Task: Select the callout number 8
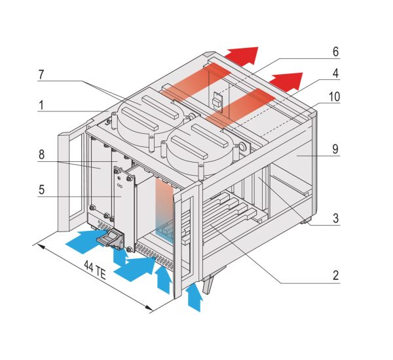click(42, 155)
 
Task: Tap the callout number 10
click(335, 96)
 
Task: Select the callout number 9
click(335, 149)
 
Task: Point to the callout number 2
click(335, 275)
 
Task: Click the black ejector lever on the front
click(113, 241)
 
